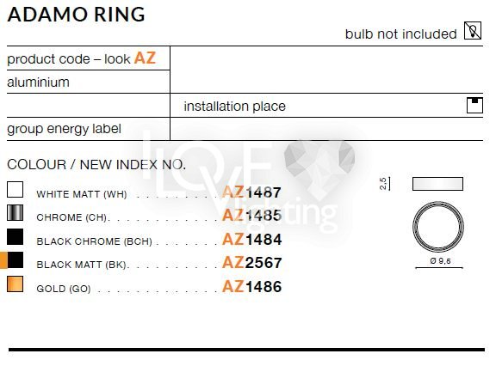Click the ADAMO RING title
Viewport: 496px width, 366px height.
click(x=77, y=15)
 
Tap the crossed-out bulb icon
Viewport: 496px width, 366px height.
click(x=473, y=31)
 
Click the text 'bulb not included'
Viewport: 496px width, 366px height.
click(x=400, y=34)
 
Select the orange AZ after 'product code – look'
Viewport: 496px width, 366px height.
click(x=145, y=58)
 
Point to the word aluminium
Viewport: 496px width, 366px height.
click(x=38, y=82)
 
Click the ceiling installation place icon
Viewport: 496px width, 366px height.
click(x=474, y=106)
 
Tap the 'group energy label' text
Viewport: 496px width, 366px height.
click(x=64, y=129)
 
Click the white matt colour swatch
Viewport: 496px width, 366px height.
click(x=15, y=190)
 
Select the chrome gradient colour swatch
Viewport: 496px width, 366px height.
click(x=15, y=213)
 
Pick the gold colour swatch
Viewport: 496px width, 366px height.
click(x=15, y=284)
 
